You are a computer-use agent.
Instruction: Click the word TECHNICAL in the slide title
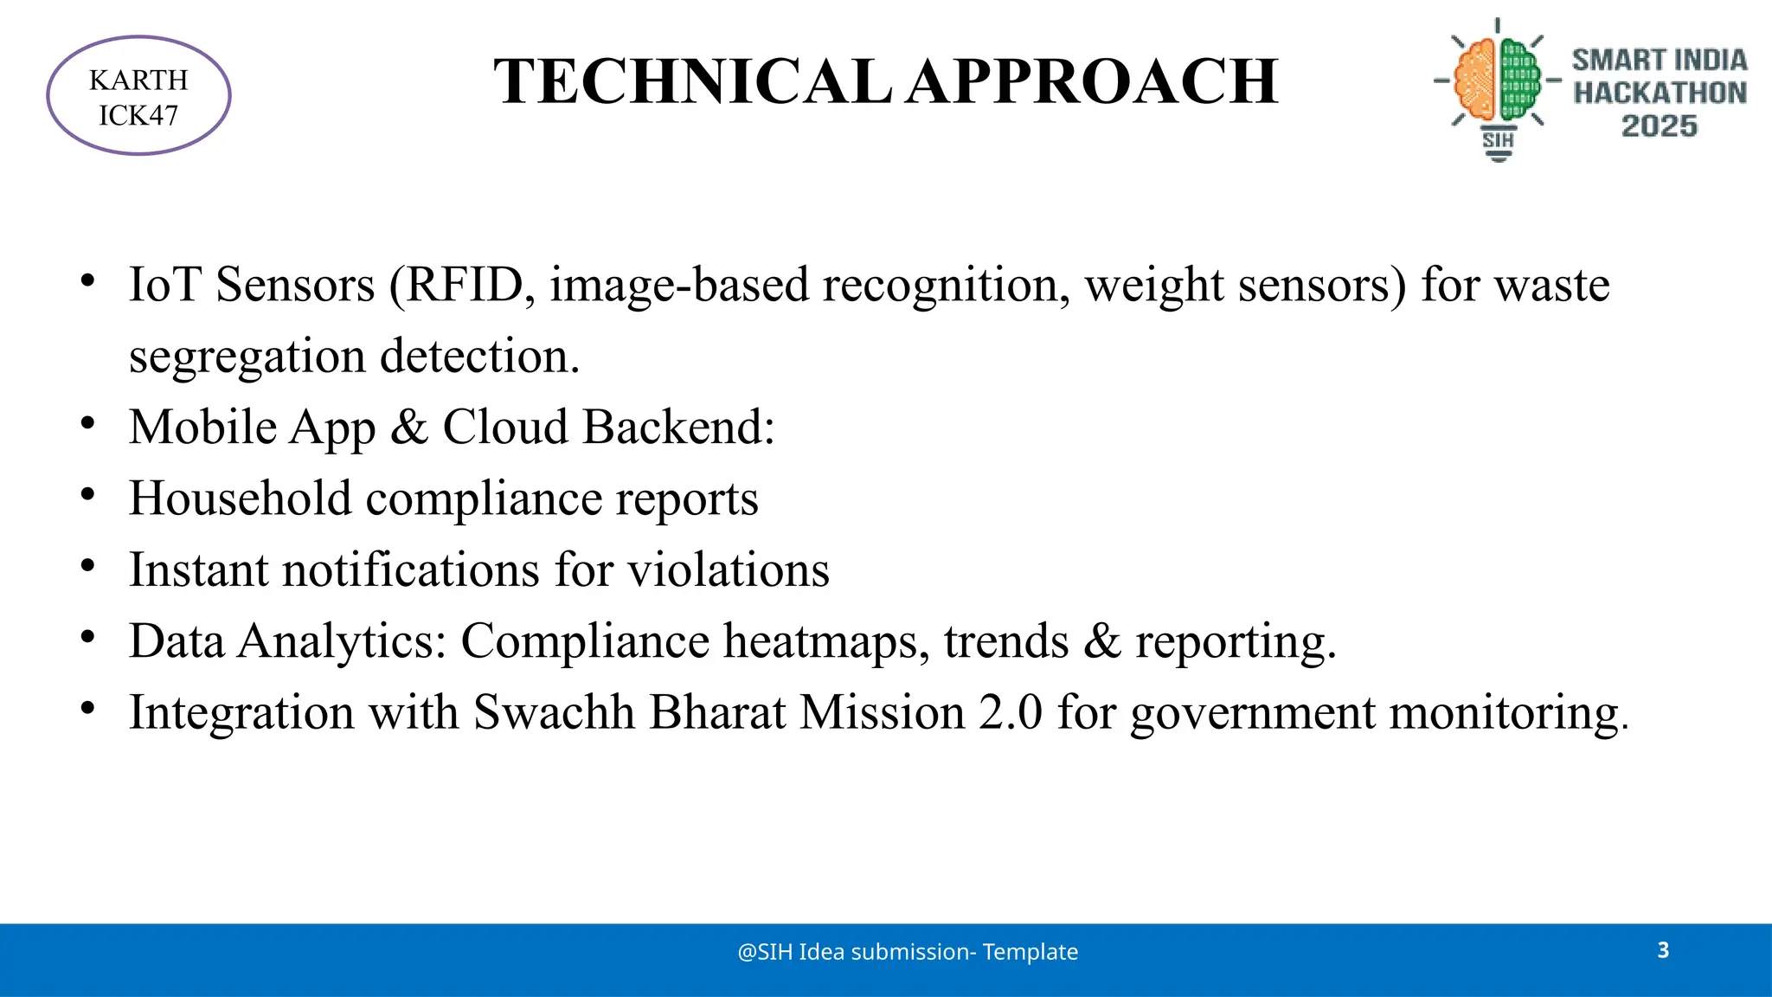[x=692, y=82]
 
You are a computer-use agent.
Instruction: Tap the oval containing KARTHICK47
[x=138, y=96]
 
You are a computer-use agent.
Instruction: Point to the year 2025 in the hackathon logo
[x=1659, y=126]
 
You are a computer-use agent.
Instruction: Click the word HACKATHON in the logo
[x=1660, y=93]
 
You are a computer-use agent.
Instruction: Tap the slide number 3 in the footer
[x=1663, y=950]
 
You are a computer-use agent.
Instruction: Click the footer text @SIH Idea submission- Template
[x=908, y=952]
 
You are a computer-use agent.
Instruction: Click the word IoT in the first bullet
[x=164, y=285]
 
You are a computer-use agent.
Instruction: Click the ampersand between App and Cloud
[x=409, y=428]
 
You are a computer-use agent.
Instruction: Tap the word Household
[x=240, y=499]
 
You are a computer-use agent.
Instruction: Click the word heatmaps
[x=826, y=641]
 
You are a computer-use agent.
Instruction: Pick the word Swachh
[x=554, y=713]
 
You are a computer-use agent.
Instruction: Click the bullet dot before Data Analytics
[x=87, y=637]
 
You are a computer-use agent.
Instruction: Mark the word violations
[x=728, y=570]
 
